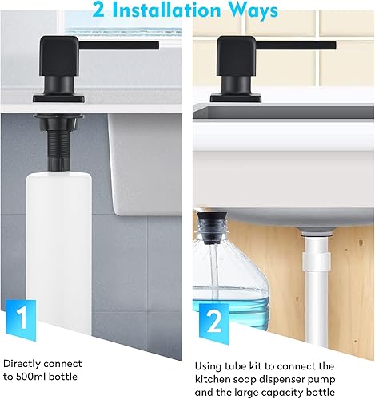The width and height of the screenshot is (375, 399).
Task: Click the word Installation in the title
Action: [x=166, y=10]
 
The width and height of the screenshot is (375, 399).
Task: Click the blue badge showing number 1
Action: [x=21, y=320]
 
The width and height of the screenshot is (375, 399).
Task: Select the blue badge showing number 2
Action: [x=214, y=324]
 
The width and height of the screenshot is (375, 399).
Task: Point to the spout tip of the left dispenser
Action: [x=158, y=45]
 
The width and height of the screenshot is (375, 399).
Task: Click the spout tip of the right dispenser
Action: [x=334, y=45]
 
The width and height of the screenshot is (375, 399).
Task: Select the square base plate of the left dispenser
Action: [x=58, y=98]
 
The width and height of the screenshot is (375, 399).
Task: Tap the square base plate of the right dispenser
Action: [x=236, y=97]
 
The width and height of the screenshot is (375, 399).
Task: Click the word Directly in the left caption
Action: [x=22, y=364]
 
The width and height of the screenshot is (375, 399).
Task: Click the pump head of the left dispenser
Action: [x=59, y=55]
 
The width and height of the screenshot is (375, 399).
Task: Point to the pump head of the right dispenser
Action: [x=236, y=55]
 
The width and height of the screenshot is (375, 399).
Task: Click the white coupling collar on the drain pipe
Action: [x=317, y=260]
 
